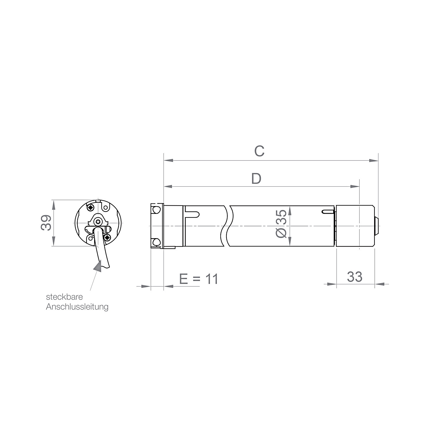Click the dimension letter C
(259, 151)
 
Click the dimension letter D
(256, 179)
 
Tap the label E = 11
(199, 279)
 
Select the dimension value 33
(355, 277)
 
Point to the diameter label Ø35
(281, 223)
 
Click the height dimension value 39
(46, 223)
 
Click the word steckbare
(65, 297)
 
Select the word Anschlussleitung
(77, 307)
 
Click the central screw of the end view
(98, 221)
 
